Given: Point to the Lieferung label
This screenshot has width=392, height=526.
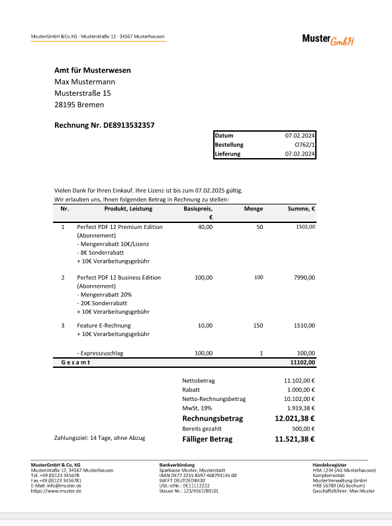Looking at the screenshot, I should [227, 153].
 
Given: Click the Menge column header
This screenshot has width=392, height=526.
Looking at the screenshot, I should [253, 208].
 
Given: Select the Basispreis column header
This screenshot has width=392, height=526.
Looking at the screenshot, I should [198, 208].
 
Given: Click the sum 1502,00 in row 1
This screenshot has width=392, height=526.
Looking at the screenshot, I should [305, 227].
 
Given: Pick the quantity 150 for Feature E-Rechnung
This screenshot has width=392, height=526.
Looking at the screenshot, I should [258, 326].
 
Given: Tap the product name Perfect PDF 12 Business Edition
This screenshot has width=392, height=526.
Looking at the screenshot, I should [119, 277].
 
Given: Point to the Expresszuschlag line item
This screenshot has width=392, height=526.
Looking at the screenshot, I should [100, 353].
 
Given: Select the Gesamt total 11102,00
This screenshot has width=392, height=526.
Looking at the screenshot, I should [303, 363].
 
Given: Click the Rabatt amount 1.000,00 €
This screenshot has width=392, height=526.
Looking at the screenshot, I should [299, 390].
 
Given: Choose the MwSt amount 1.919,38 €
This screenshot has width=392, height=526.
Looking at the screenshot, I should [299, 408].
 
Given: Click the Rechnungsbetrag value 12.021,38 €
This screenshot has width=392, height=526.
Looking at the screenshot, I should [295, 419].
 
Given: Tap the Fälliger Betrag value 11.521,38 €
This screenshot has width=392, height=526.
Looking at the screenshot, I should [295, 438].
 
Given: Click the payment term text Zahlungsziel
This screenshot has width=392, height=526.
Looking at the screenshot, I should [99, 438].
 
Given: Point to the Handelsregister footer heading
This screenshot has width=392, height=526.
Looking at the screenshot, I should [330, 464].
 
